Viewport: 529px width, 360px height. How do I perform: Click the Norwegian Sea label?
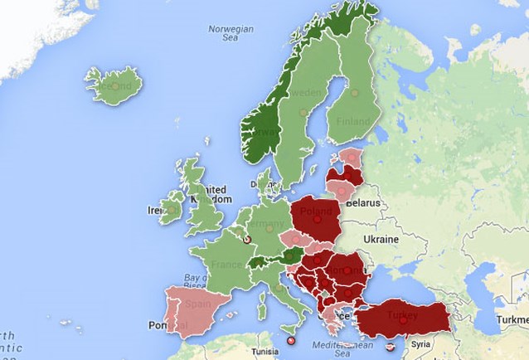(231, 32)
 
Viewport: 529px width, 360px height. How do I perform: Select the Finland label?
(353, 121)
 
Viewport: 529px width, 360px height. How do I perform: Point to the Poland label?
(317, 212)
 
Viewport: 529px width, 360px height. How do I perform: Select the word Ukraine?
(382, 239)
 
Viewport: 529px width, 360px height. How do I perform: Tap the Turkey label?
(402, 315)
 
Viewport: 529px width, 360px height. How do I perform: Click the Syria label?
(420, 343)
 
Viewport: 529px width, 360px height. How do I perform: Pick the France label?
(226, 265)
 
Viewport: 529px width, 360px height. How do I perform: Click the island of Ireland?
(172, 210)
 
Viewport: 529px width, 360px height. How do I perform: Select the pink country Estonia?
(352, 156)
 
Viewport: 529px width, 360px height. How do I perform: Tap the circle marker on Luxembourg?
(245, 241)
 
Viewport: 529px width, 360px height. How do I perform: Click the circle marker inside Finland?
(354, 93)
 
